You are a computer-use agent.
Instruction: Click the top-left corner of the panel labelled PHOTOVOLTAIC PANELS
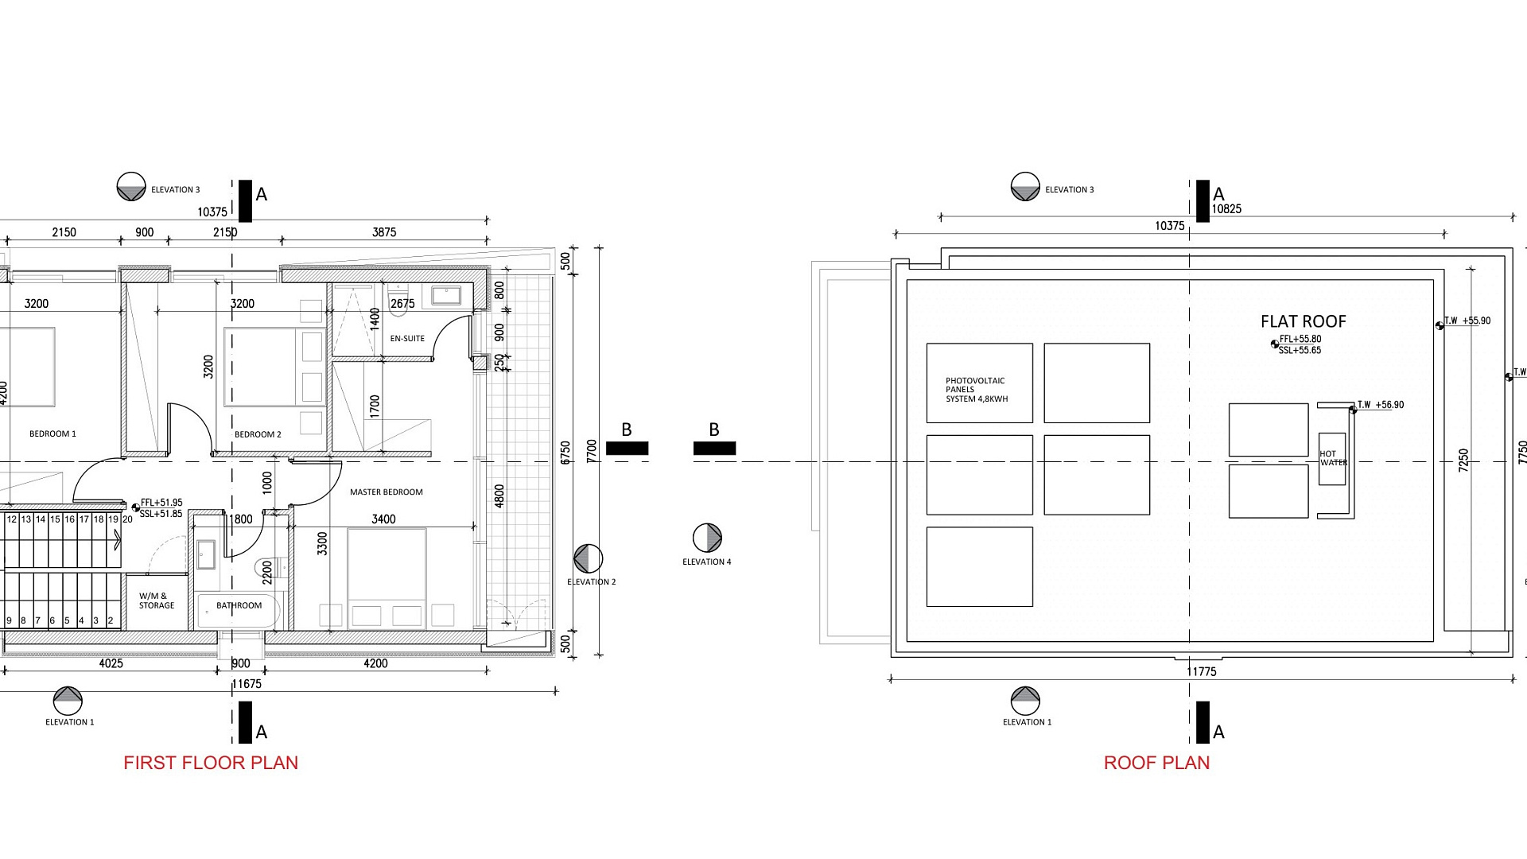click(x=927, y=344)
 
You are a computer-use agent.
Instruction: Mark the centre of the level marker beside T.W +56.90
click(x=1353, y=410)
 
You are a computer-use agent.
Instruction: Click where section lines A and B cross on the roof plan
click(x=1190, y=461)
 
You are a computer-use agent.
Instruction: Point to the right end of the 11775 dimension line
click(x=1514, y=679)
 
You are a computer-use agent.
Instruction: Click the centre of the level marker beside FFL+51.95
click(x=136, y=507)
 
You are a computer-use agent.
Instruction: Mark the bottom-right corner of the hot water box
click(x=1346, y=485)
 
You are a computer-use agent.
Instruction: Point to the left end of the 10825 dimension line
click(x=941, y=216)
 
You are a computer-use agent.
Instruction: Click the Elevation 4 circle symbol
click(x=707, y=538)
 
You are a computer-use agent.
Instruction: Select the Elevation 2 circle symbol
click(x=589, y=559)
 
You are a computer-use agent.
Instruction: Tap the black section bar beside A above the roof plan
click(x=1203, y=200)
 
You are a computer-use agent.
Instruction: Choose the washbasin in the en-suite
click(x=446, y=296)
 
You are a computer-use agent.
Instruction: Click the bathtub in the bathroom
click(x=239, y=611)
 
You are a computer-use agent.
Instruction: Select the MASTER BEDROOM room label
click(x=387, y=492)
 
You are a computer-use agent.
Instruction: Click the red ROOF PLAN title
click(x=1156, y=763)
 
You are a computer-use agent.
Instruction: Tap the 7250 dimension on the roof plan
click(x=1463, y=461)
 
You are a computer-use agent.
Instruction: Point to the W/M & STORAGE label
click(x=157, y=601)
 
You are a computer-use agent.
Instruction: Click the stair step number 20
click(x=127, y=519)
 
